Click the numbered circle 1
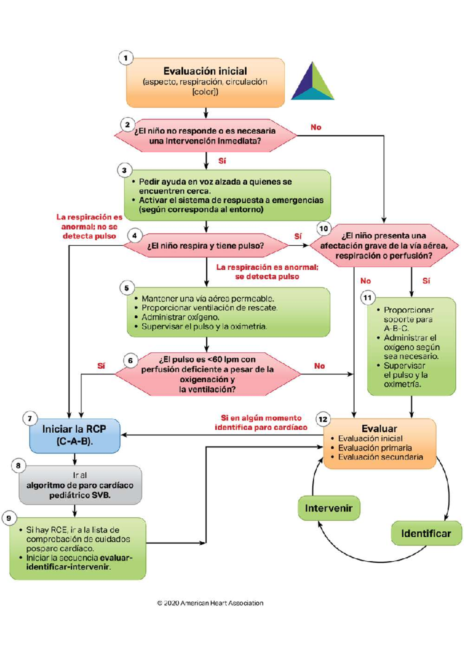[126, 58]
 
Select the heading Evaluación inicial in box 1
[205, 71]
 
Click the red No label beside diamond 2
[316, 127]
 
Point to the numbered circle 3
[125, 170]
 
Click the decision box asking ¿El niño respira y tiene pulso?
[206, 245]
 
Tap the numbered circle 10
[324, 228]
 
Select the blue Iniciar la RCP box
[75, 436]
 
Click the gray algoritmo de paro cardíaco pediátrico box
[80, 485]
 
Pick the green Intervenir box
[329, 508]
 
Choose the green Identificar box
[426, 533]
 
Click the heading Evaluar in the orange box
[379, 428]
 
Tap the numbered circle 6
[130, 360]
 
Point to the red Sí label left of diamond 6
[101, 366]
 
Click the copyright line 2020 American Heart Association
[210, 603]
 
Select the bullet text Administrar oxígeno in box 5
[180, 317]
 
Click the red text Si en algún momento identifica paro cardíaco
[261, 423]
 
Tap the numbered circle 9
[9, 518]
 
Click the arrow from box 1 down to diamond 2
[206, 113]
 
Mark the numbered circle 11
[368, 298]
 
